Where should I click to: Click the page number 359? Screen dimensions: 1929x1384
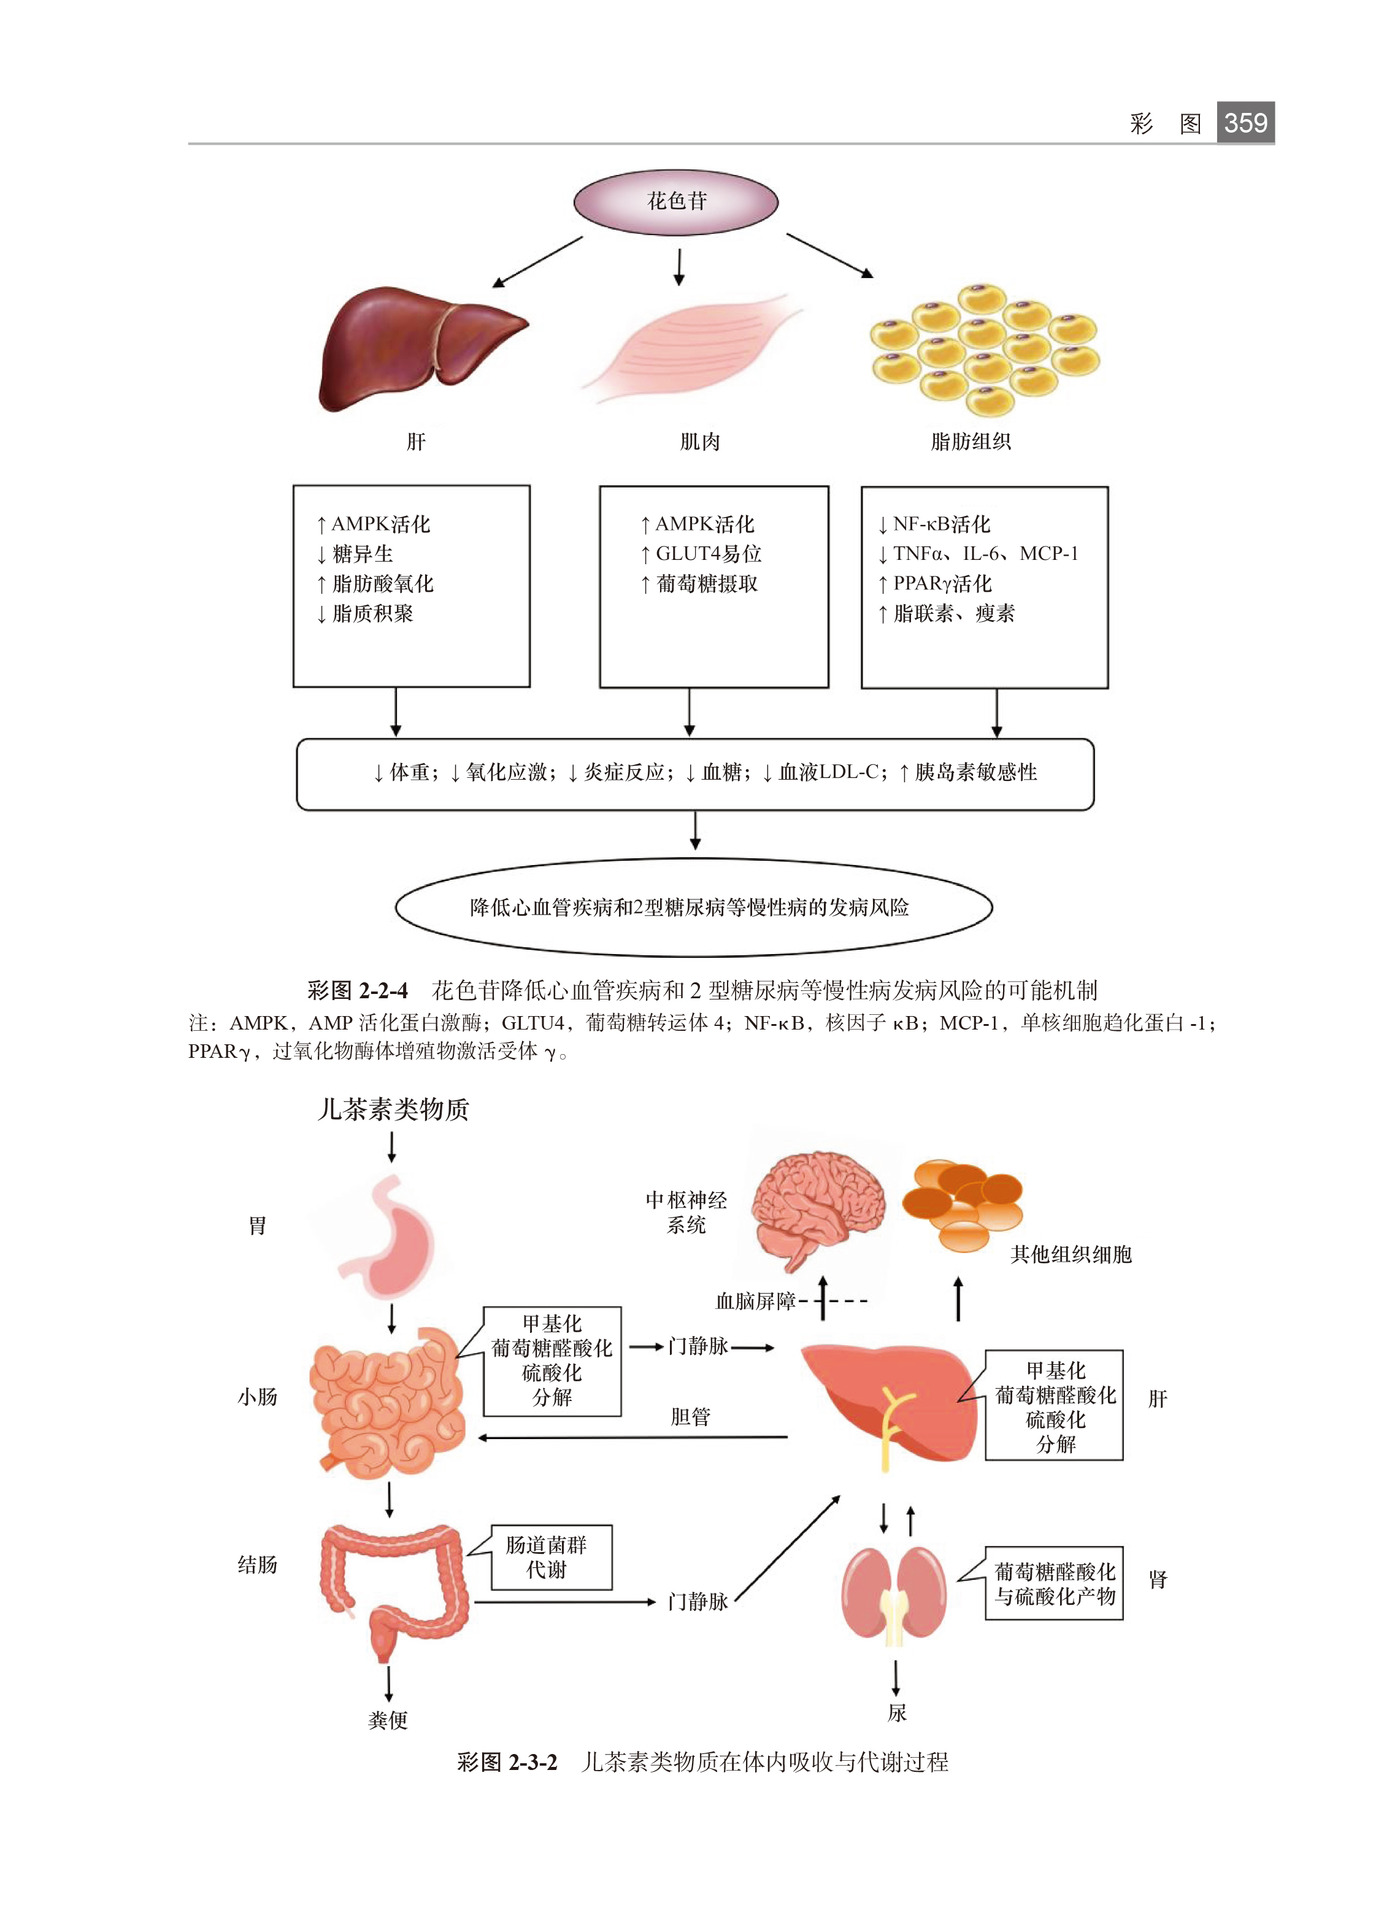[x=1245, y=122]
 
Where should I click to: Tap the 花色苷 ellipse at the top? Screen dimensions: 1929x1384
[x=676, y=201]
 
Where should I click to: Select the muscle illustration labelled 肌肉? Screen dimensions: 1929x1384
[x=693, y=348]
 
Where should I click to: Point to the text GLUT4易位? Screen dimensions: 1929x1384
[x=708, y=554]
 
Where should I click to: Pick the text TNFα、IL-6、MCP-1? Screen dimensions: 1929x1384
[x=985, y=554]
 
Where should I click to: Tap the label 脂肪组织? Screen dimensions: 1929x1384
[x=970, y=441]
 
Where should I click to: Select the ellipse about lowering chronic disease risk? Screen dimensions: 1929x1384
[x=693, y=907]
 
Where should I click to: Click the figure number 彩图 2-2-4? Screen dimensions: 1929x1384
[x=357, y=990]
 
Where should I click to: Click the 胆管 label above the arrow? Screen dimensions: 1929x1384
[x=690, y=1417]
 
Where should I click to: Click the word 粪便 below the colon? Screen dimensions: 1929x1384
[x=388, y=1720]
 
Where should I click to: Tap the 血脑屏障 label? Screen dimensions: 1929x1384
[x=755, y=1300]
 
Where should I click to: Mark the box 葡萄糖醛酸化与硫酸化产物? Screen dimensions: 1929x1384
[x=1053, y=1583]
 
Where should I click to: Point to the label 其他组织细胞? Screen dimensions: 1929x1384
[x=1071, y=1254]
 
